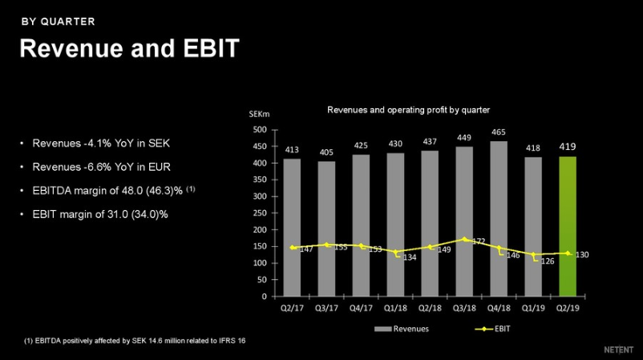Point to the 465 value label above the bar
tap(498, 131)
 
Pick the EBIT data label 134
tap(409, 257)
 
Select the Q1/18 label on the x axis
tap(394, 307)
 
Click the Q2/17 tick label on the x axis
tap(292, 307)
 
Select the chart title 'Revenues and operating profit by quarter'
tap(408, 109)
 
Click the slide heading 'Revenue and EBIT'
tap(129, 49)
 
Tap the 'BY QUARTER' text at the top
tap(58, 21)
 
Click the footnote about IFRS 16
tap(135, 342)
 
